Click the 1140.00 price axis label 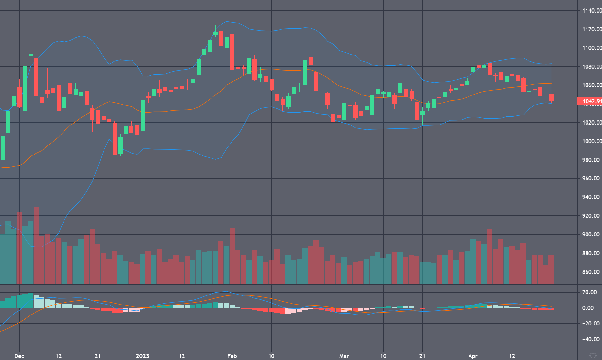point(591,11)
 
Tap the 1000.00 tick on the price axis point(591,141)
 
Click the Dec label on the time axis point(19,356)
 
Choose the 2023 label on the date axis point(143,356)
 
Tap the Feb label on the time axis point(232,356)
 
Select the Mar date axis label point(344,356)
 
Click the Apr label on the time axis point(473,356)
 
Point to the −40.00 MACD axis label point(590,339)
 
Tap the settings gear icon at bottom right point(593,355)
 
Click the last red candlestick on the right point(552,98)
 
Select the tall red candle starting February point(232,52)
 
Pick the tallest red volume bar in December point(36,245)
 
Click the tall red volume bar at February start point(232,256)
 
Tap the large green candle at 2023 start point(143,115)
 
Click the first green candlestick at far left point(3,148)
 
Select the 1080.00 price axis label point(591,67)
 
